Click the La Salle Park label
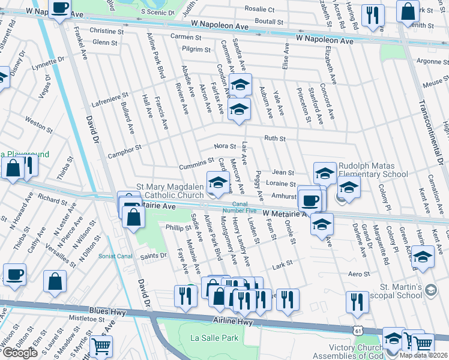(x=214, y=338)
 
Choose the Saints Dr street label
(x=153, y=256)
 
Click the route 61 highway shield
(x=358, y=330)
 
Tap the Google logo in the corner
(x=19, y=352)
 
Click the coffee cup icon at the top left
(x=59, y=8)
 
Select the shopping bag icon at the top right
(x=408, y=11)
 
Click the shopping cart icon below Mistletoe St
(x=101, y=346)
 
